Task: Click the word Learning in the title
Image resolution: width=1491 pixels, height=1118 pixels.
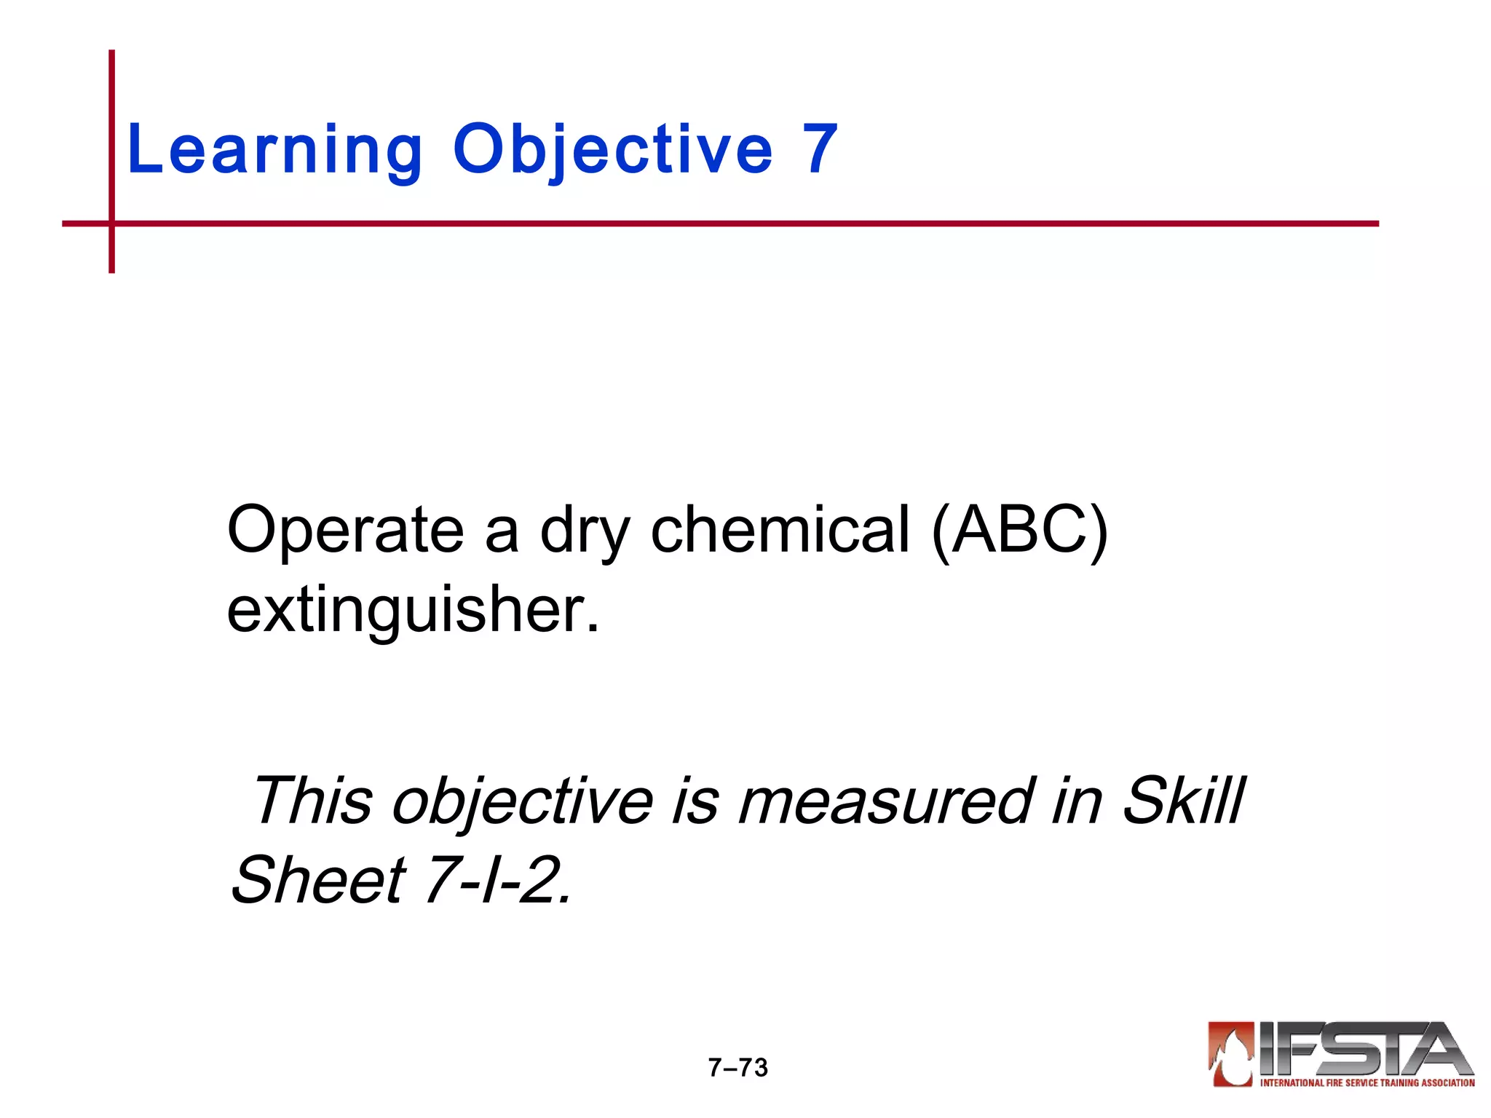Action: [274, 149]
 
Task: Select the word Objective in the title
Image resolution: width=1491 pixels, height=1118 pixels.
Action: [612, 149]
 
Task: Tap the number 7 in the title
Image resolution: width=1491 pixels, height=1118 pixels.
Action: [820, 149]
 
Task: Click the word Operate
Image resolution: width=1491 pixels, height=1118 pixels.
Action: [345, 529]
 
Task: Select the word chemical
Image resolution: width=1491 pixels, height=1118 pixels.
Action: [780, 529]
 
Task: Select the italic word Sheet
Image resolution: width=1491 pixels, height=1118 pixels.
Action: [318, 880]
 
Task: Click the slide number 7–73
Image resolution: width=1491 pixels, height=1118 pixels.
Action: [737, 1068]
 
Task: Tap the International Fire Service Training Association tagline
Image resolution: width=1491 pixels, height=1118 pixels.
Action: [1367, 1083]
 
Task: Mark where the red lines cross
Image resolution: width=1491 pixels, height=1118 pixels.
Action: [111, 223]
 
